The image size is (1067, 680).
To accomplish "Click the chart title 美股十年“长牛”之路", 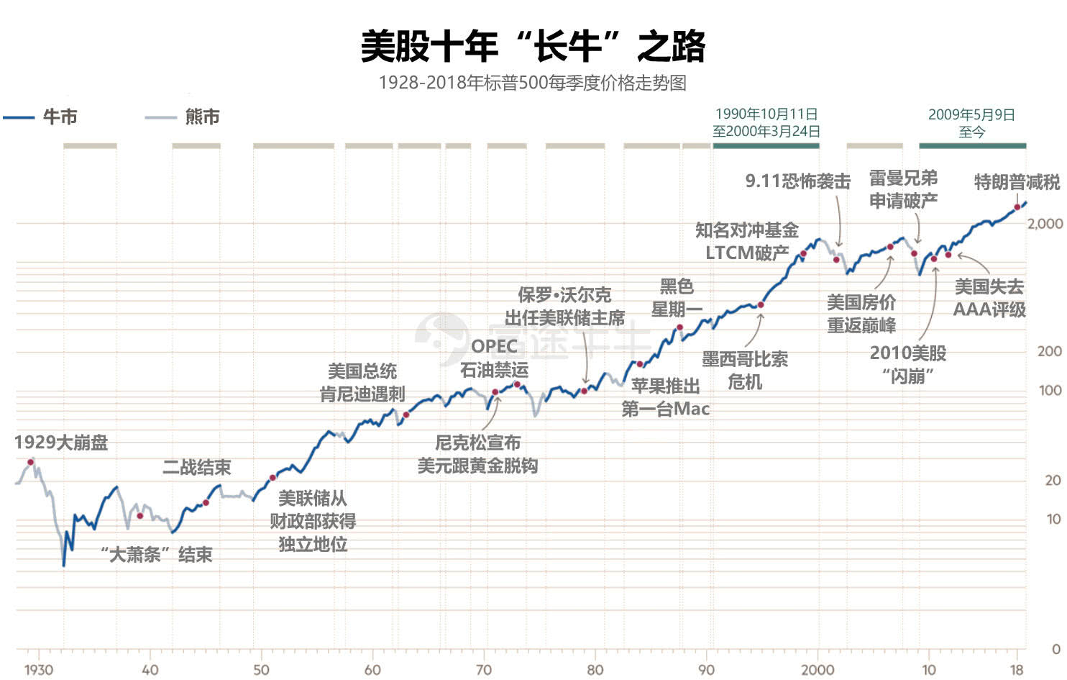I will click(x=533, y=46).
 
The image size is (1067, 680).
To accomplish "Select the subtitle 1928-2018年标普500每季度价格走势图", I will click(x=533, y=83).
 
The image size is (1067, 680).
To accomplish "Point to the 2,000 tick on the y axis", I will click(x=1044, y=224).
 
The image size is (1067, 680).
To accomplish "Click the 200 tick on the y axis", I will click(x=1050, y=351).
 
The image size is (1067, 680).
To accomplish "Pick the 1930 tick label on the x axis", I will click(x=39, y=670).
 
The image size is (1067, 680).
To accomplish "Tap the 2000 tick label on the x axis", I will click(x=818, y=670).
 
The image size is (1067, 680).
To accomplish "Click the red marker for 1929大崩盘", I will click(x=31, y=462).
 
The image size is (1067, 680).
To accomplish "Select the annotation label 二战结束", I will click(x=196, y=468).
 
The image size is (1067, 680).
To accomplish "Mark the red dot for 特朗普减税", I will click(x=1017, y=207).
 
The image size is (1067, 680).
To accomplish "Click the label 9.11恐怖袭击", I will click(x=797, y=181).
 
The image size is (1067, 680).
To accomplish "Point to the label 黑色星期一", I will click(x=677, y=298).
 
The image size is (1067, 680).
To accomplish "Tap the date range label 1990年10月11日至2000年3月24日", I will click(x=766, y=123).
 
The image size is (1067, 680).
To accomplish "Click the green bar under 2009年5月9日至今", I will click(x=972, y=146).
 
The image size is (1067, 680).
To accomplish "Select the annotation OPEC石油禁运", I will click(x=494, y=358).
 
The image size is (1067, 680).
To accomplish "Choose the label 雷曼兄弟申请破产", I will click(x=903, y=189).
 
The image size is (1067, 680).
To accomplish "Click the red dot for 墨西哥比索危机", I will click(x=761, y=305).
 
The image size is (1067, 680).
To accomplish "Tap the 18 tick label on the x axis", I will click(x=1017, y=670).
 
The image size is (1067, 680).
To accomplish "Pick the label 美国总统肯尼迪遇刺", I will click(x=362, y=383).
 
